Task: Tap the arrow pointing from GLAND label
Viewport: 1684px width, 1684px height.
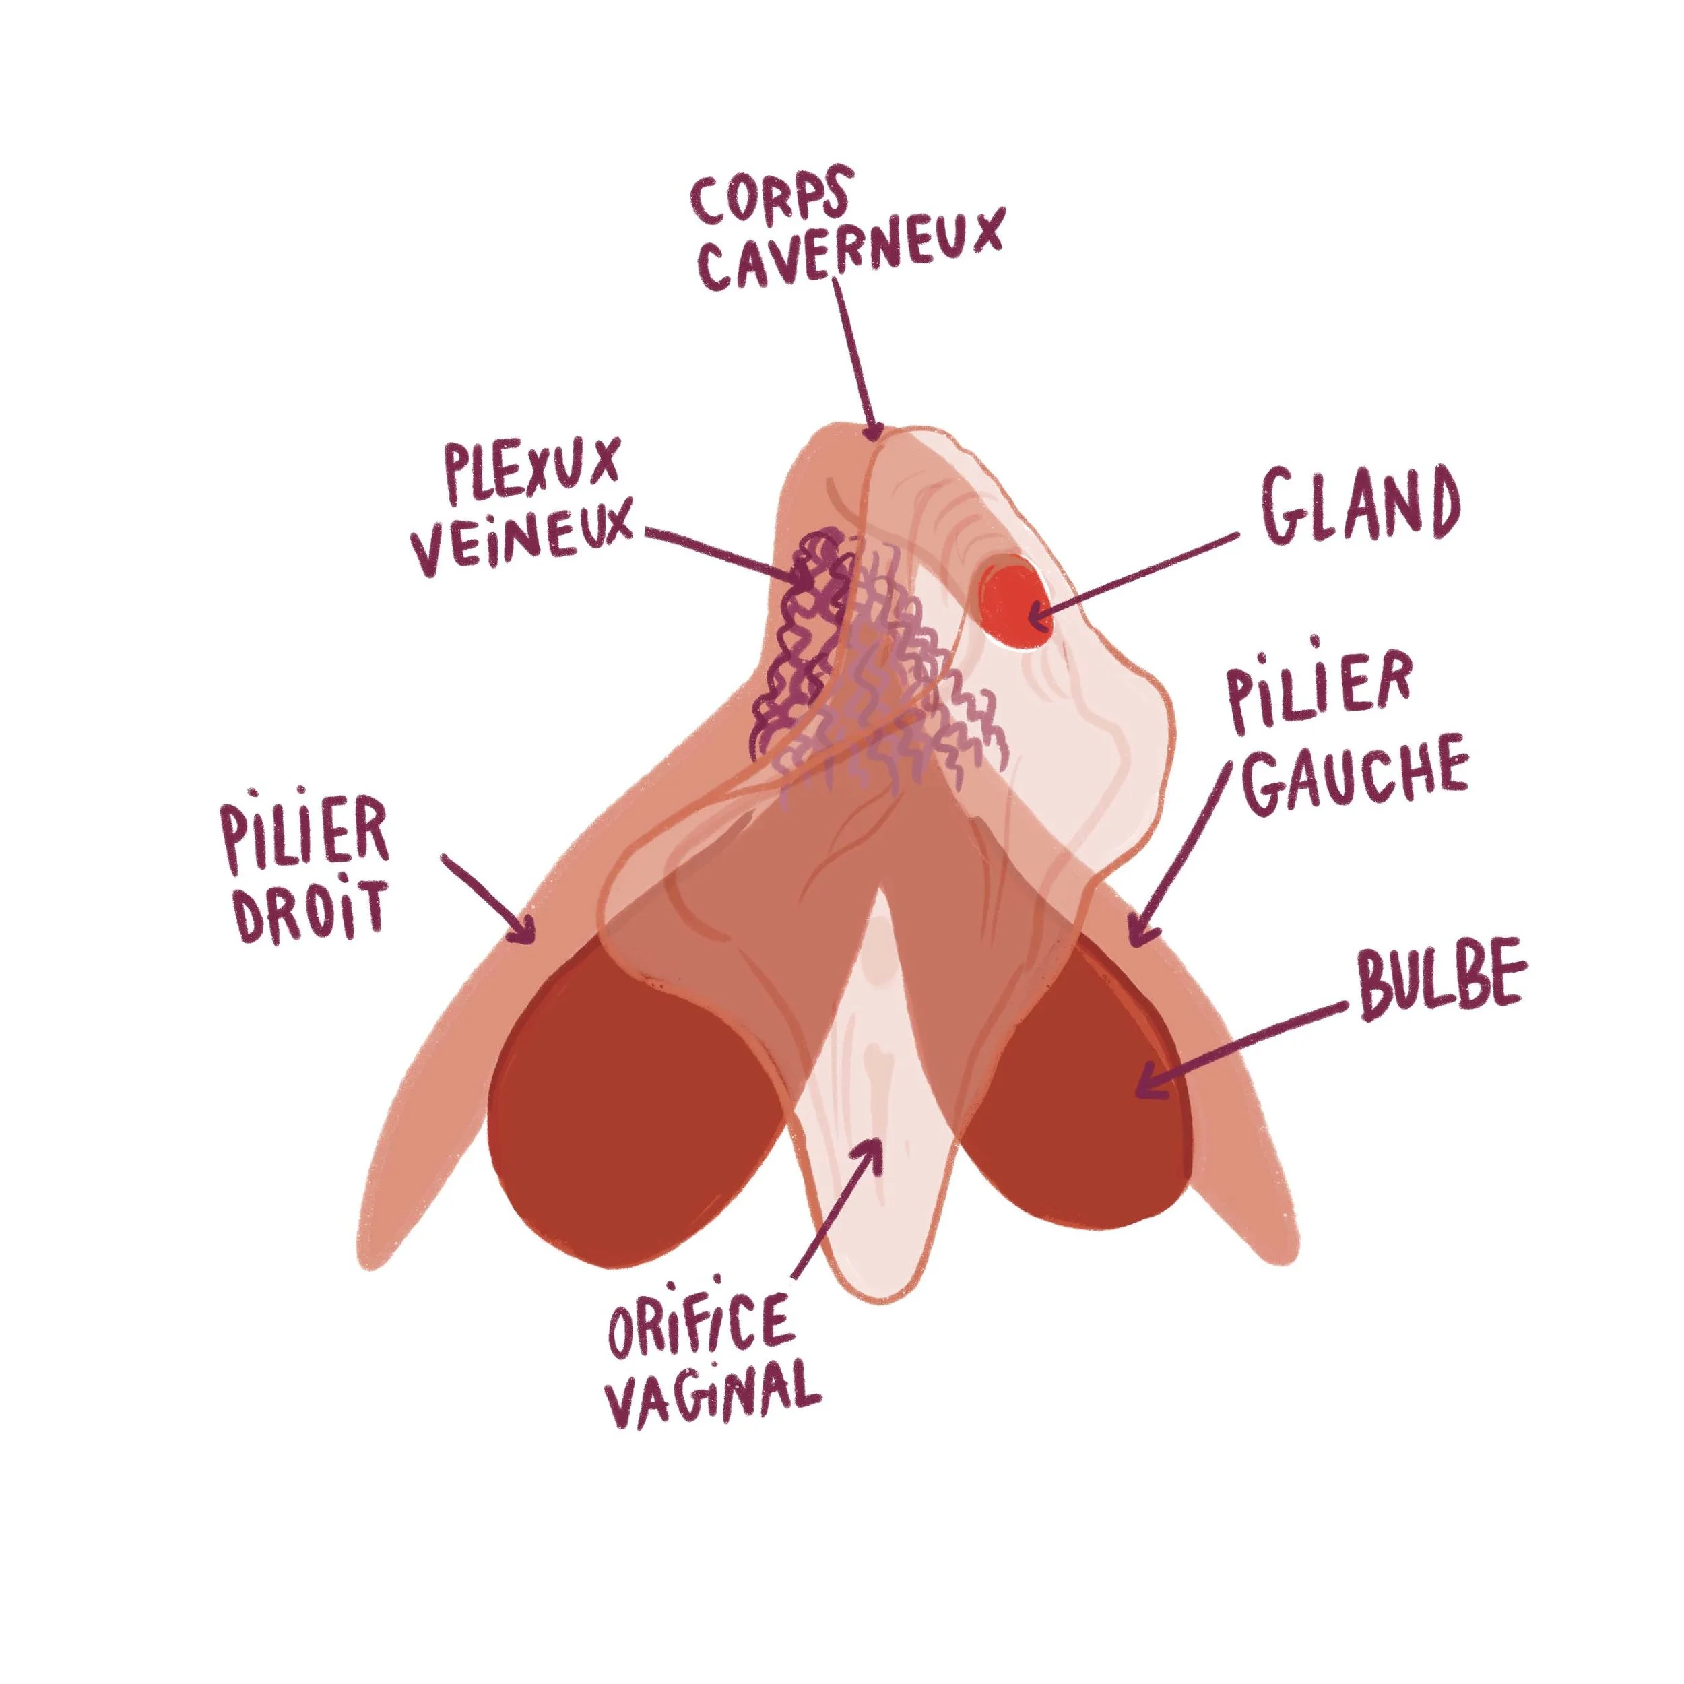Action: point(1133,575)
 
